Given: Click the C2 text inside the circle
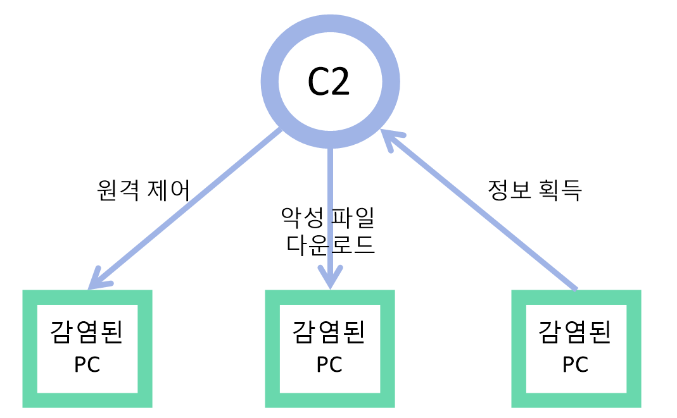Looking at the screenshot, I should pyautogui.click(x=329, y=82).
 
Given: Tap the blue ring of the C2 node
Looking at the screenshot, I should pyautogui.click(x=270, y=82).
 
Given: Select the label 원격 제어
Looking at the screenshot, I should pyautogui.click(x=144, y=190).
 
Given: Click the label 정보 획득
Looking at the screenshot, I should pyautogui.click(x=535, y=190).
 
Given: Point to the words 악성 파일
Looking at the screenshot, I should pyautogui.click(x=328, y=218).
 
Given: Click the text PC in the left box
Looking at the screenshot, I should pyautogui.click(x=87, y=366).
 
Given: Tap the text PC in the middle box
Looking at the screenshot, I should pyautogui.click(x=329, y=366).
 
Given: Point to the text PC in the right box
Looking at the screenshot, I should pyautogui.click(x=576, y=366).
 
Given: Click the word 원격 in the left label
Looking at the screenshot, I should pyautogui.click(x=119, y=190).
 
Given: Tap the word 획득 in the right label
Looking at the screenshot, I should pyautogui.click(x=559, y=190).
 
